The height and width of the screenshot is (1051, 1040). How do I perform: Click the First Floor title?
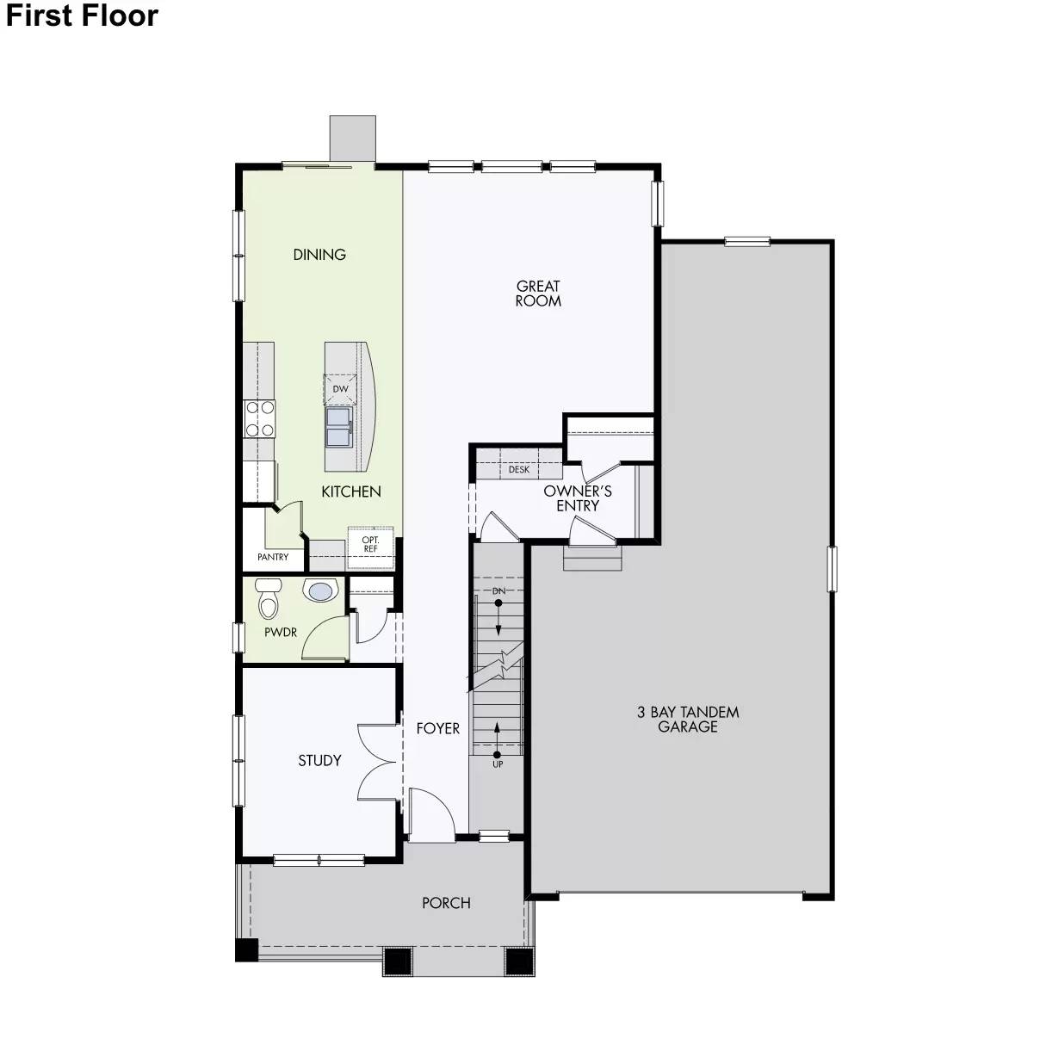[83, 16]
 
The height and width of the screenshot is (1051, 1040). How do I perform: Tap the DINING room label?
[319, 255]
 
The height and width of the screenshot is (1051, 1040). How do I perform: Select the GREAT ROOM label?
[538, 294]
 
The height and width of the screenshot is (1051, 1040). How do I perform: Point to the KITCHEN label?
[351, 491]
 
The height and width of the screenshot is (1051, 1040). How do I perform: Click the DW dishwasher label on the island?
[340, 389]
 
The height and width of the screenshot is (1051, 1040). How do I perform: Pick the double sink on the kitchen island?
[339, 426]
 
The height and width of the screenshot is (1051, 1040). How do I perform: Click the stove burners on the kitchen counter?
[260, 419]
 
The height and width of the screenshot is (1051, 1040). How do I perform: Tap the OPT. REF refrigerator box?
[370, 544]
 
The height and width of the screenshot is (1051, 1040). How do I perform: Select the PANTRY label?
[273, 557]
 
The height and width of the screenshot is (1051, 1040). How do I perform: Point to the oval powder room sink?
[319, 591]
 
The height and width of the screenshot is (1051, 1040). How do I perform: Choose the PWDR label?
[281, 633]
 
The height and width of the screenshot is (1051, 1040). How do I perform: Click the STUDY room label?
[319, 761]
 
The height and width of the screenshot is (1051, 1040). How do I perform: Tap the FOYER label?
[438, 728]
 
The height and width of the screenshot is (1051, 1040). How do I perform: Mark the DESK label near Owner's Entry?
[518, 470]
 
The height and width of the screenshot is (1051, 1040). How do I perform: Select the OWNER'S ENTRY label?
[578, 498]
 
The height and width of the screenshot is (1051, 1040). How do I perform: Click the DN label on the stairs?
[498, 592]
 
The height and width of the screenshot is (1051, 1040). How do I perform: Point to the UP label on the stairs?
[498, 764]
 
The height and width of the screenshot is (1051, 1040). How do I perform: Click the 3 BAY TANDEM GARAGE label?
[688, 720]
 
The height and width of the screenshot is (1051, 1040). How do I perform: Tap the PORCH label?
[446, 903]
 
